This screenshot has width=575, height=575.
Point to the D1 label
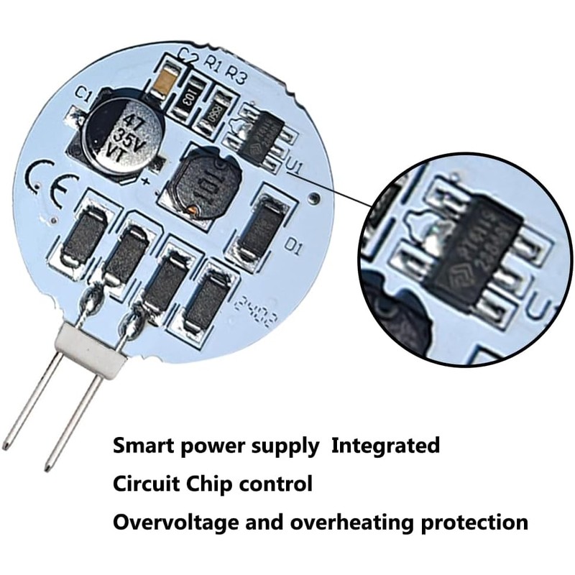click(x=293, y=247)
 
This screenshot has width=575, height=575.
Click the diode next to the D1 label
click(x=261, y=226)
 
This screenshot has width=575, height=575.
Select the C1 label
click(x=83, y=94)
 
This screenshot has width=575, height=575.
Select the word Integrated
click(x=385, y=446)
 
